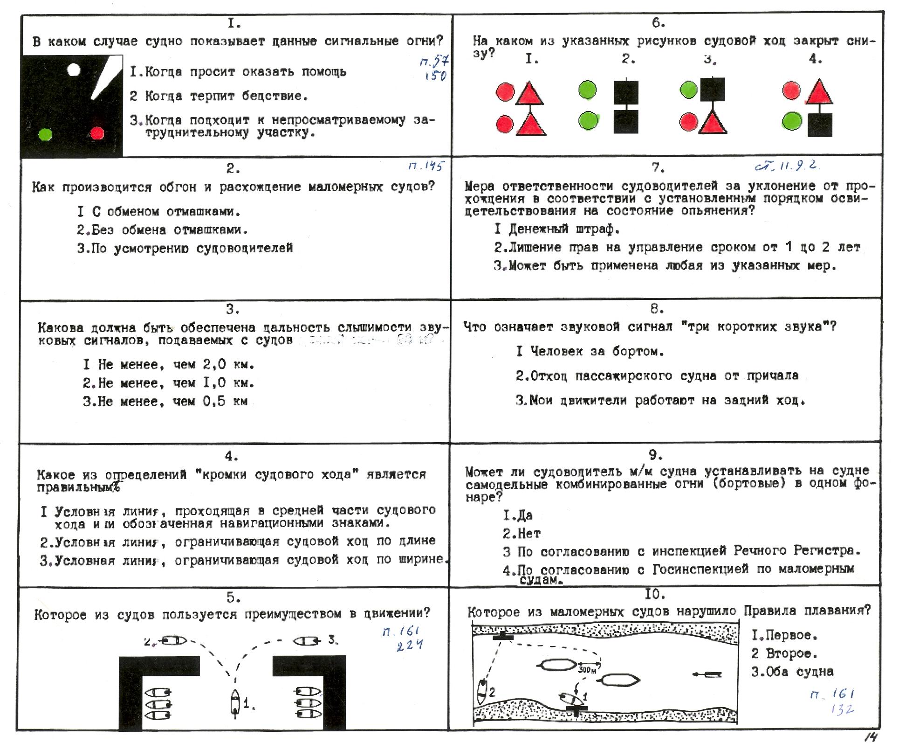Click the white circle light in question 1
coord(74,70)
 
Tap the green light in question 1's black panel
coord(45,134)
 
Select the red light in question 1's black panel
coord(97,133)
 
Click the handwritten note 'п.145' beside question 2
coord(426,166)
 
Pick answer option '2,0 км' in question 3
coord(169,364)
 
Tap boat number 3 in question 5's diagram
coord(306,641)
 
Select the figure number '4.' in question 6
coord(815,59)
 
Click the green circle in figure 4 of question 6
coord(791,121)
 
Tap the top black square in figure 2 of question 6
coord(626,92)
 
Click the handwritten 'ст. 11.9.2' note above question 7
coord(787,166)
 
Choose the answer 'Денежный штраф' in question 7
coord(557,229)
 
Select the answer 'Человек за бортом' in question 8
coord(590,351)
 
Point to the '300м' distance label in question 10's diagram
coord(587,670)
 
